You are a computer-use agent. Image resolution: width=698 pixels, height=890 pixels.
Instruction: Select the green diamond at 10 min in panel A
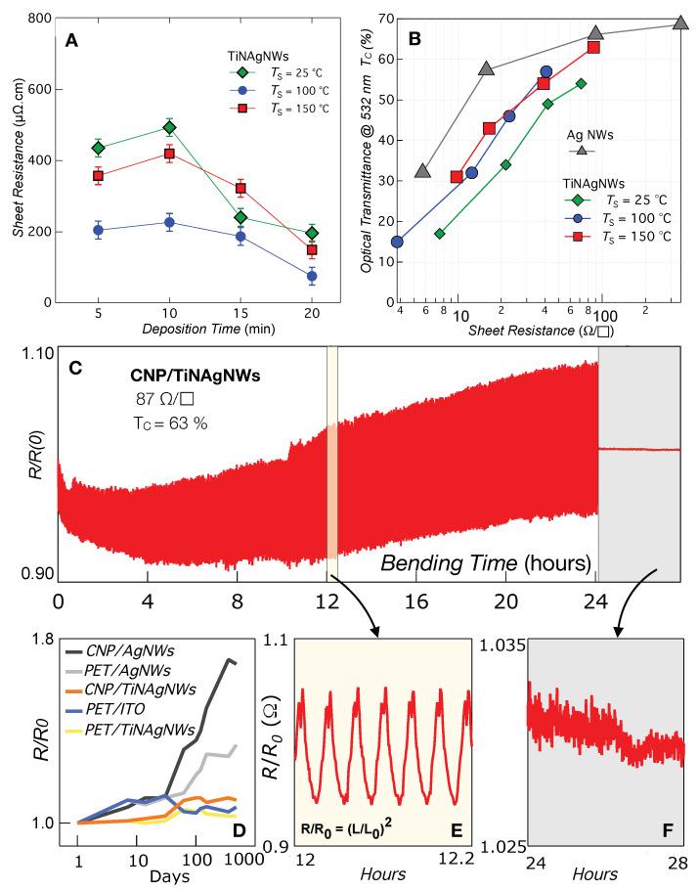tap(169, 127)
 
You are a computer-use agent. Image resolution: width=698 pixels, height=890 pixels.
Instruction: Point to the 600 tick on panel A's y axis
tap(39, 89)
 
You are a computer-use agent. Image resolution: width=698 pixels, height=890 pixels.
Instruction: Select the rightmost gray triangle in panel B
tap(680, 22)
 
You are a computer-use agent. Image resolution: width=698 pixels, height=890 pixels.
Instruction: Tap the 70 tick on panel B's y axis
tap(373, 19)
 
